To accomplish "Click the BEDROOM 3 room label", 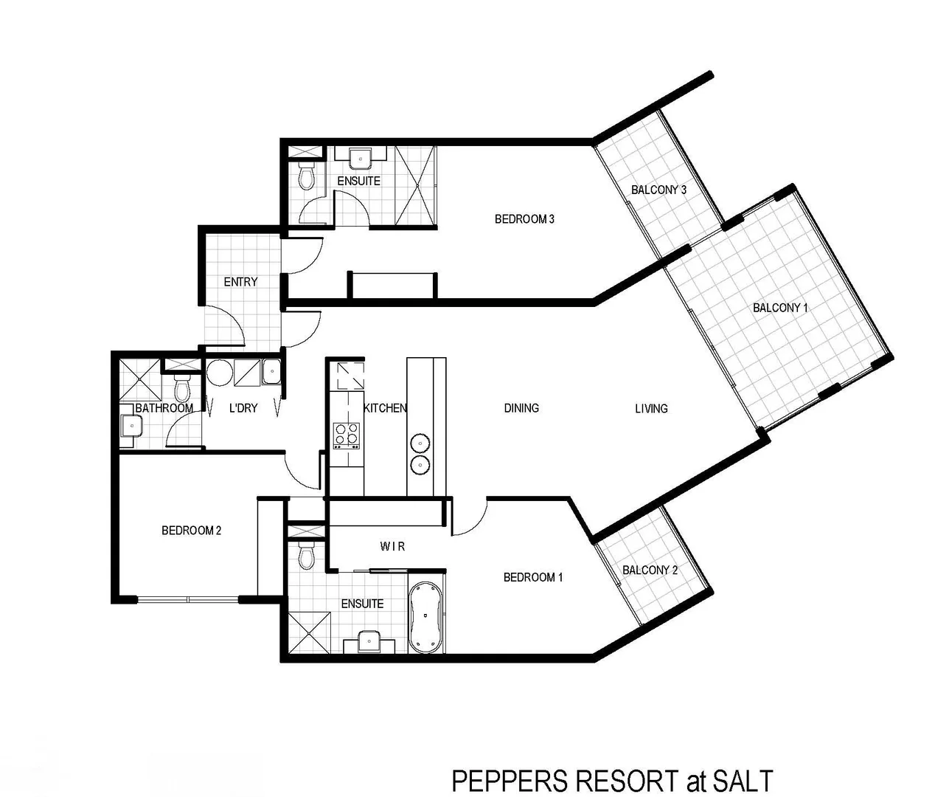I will click(x=524, y=219).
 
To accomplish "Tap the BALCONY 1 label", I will click(x=780, y=308).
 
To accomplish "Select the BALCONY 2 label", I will click(x=650, y=570).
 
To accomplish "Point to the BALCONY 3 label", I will click(x=658, y=190).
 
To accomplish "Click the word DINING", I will click(x=521, y=408).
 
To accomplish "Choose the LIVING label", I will click(x=651, y=408).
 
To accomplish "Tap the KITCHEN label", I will click(x=385, y=408).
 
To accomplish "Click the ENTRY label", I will click(x=240, y=282).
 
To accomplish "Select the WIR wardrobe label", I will click(x=392, y=547).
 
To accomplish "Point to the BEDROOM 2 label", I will click(x=191, y=531).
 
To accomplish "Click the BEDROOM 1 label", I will click(x=532, y=577).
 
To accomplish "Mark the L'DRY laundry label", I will click(x=243, y=408).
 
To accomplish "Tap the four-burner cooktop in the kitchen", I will click(x=346, y=435).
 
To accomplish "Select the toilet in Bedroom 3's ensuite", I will click(x=307, y=177).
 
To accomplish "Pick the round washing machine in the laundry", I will click(x=219, y=373).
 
